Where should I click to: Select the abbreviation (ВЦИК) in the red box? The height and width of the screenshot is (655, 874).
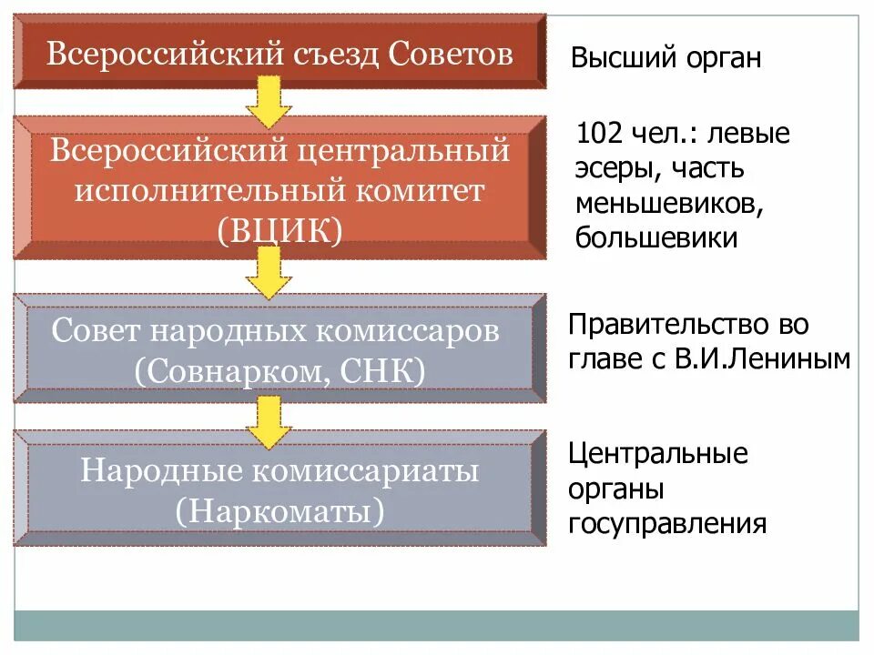click(x=280, y=231)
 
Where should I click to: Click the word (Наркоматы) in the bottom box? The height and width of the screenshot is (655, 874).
click(x=280, y=510)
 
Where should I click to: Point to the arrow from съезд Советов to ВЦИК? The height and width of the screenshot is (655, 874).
click(x=269, y=101)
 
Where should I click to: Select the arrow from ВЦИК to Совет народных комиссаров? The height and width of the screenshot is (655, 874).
click(x=269, y=272)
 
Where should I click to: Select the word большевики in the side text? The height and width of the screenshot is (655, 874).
click(x=655, y=238)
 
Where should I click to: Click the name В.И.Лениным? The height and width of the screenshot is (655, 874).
click(x=763, y=358)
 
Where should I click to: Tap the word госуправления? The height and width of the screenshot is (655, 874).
click(x=667, y=524)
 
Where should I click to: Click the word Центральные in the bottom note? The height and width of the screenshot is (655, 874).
click(x=658, y=454)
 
